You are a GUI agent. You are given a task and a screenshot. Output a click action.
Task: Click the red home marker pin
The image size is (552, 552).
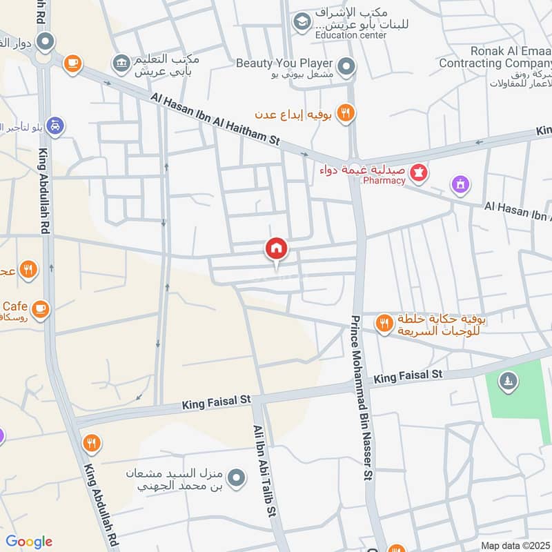(276, 249)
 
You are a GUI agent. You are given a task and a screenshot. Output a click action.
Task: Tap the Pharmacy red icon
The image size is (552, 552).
(417, 172)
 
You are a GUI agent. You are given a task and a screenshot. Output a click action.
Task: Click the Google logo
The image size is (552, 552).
(29, 542)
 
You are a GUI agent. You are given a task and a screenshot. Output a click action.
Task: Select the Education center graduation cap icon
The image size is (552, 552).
(302, 23)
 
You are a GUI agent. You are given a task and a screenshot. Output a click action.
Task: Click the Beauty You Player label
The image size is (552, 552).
(284, 63)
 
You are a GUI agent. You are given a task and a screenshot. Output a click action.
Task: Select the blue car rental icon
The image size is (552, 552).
(56, 126)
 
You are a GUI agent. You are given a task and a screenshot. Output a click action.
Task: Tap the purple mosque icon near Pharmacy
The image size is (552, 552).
(460, 184)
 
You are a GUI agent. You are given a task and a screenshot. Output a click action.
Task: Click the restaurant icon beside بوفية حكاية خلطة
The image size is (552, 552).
(384, 323)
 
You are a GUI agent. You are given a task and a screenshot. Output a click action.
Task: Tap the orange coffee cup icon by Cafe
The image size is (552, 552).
(41, 308)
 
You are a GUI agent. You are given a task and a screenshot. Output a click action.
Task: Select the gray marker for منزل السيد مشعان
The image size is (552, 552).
(237, 477)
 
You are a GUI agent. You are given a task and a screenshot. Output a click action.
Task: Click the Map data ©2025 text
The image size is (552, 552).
(513, 545)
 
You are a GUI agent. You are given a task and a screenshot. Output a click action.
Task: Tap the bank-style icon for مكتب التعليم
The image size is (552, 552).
(121, 63)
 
